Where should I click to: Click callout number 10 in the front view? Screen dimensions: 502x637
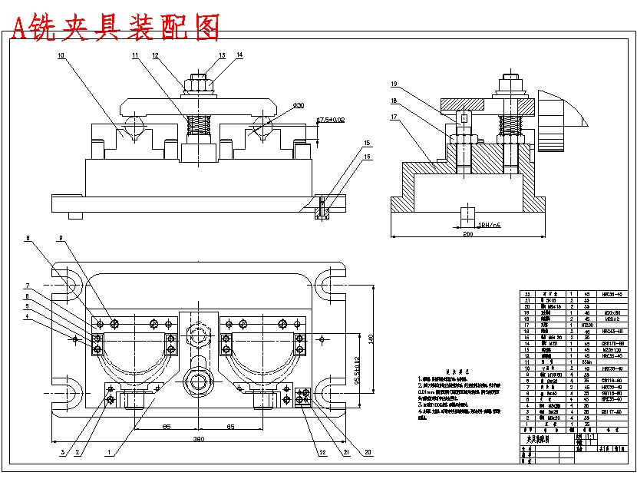pos(61,56)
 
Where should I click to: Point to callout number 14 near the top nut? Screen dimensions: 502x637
pos(239,55)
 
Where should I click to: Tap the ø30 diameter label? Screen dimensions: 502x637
pos(299,104)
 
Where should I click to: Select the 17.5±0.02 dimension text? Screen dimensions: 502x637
pos(332,120)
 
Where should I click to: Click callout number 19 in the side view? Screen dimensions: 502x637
pos(394,84)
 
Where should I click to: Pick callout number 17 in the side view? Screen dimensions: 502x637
pos(394,117)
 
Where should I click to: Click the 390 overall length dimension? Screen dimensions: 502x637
pos(198,440)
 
